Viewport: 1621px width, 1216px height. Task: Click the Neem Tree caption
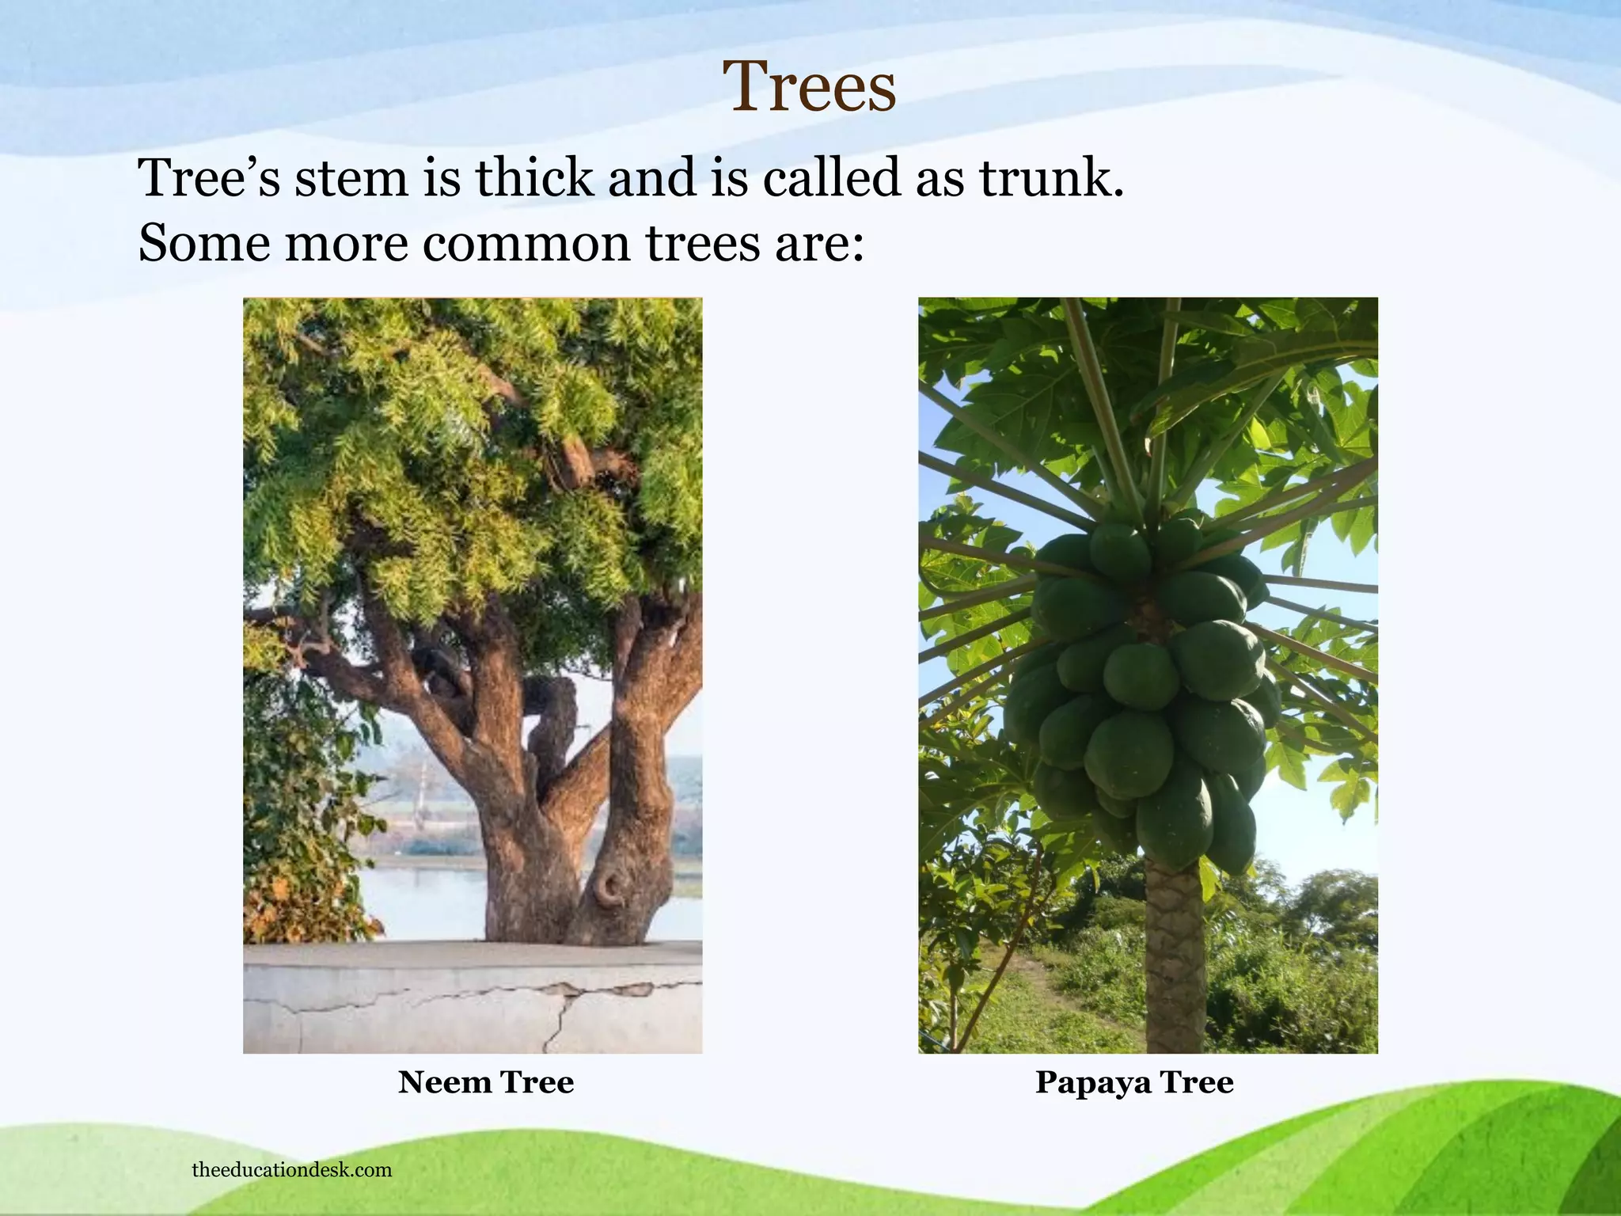click(485, 1082)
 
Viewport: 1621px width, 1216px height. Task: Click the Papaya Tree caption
click(1133, 1082)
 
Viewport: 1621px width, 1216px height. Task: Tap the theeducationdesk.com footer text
click(291, 1170)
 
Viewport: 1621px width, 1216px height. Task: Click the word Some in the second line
click(204, 243)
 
